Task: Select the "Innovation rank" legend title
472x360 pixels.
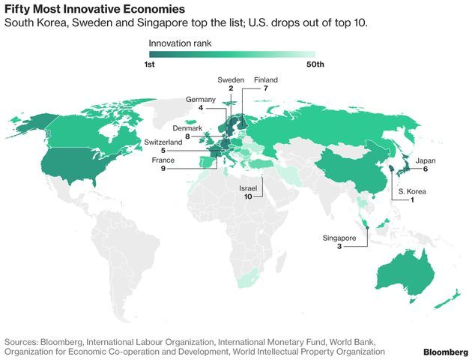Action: pos(180,44)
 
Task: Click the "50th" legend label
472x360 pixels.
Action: pos(315,64)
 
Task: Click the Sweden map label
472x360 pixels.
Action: pos(231,79)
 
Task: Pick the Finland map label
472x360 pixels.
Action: pos(266,79)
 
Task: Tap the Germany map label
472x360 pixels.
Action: pos(201,99)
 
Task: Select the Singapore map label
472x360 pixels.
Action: pos(339,237)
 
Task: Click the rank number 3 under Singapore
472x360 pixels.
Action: pos(339,246)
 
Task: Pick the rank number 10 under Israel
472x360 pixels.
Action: pos(248,196)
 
